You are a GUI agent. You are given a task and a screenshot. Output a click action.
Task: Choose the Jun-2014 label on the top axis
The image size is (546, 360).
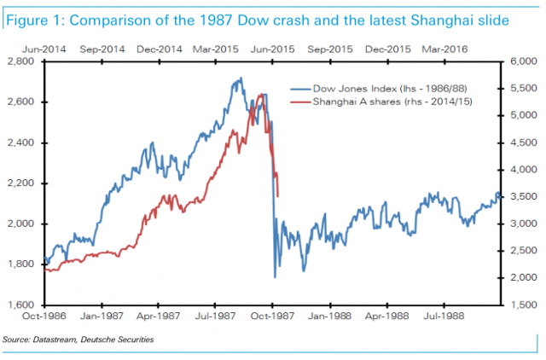click(x=44, y=50)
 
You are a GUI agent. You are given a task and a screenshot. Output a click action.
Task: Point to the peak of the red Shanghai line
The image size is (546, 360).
click(x=259, y=94)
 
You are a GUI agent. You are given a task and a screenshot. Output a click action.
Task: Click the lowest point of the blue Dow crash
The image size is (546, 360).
click(x=275, y=277)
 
